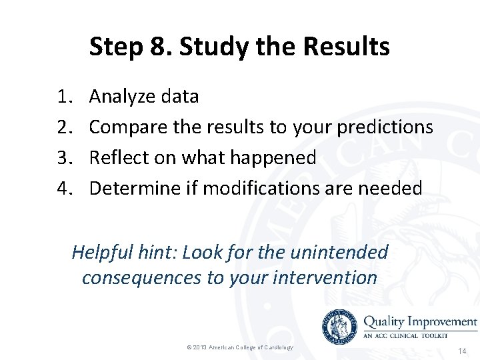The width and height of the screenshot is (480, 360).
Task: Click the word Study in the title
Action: (x=209, y=47)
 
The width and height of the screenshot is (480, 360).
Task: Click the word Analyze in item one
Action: (x=122, y=97)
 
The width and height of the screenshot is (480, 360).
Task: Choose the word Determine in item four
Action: (x=135, y=189)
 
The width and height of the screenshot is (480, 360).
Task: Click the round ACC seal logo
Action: (x=339, y=326)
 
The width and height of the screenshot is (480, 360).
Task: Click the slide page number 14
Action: (x=463, y=350)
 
